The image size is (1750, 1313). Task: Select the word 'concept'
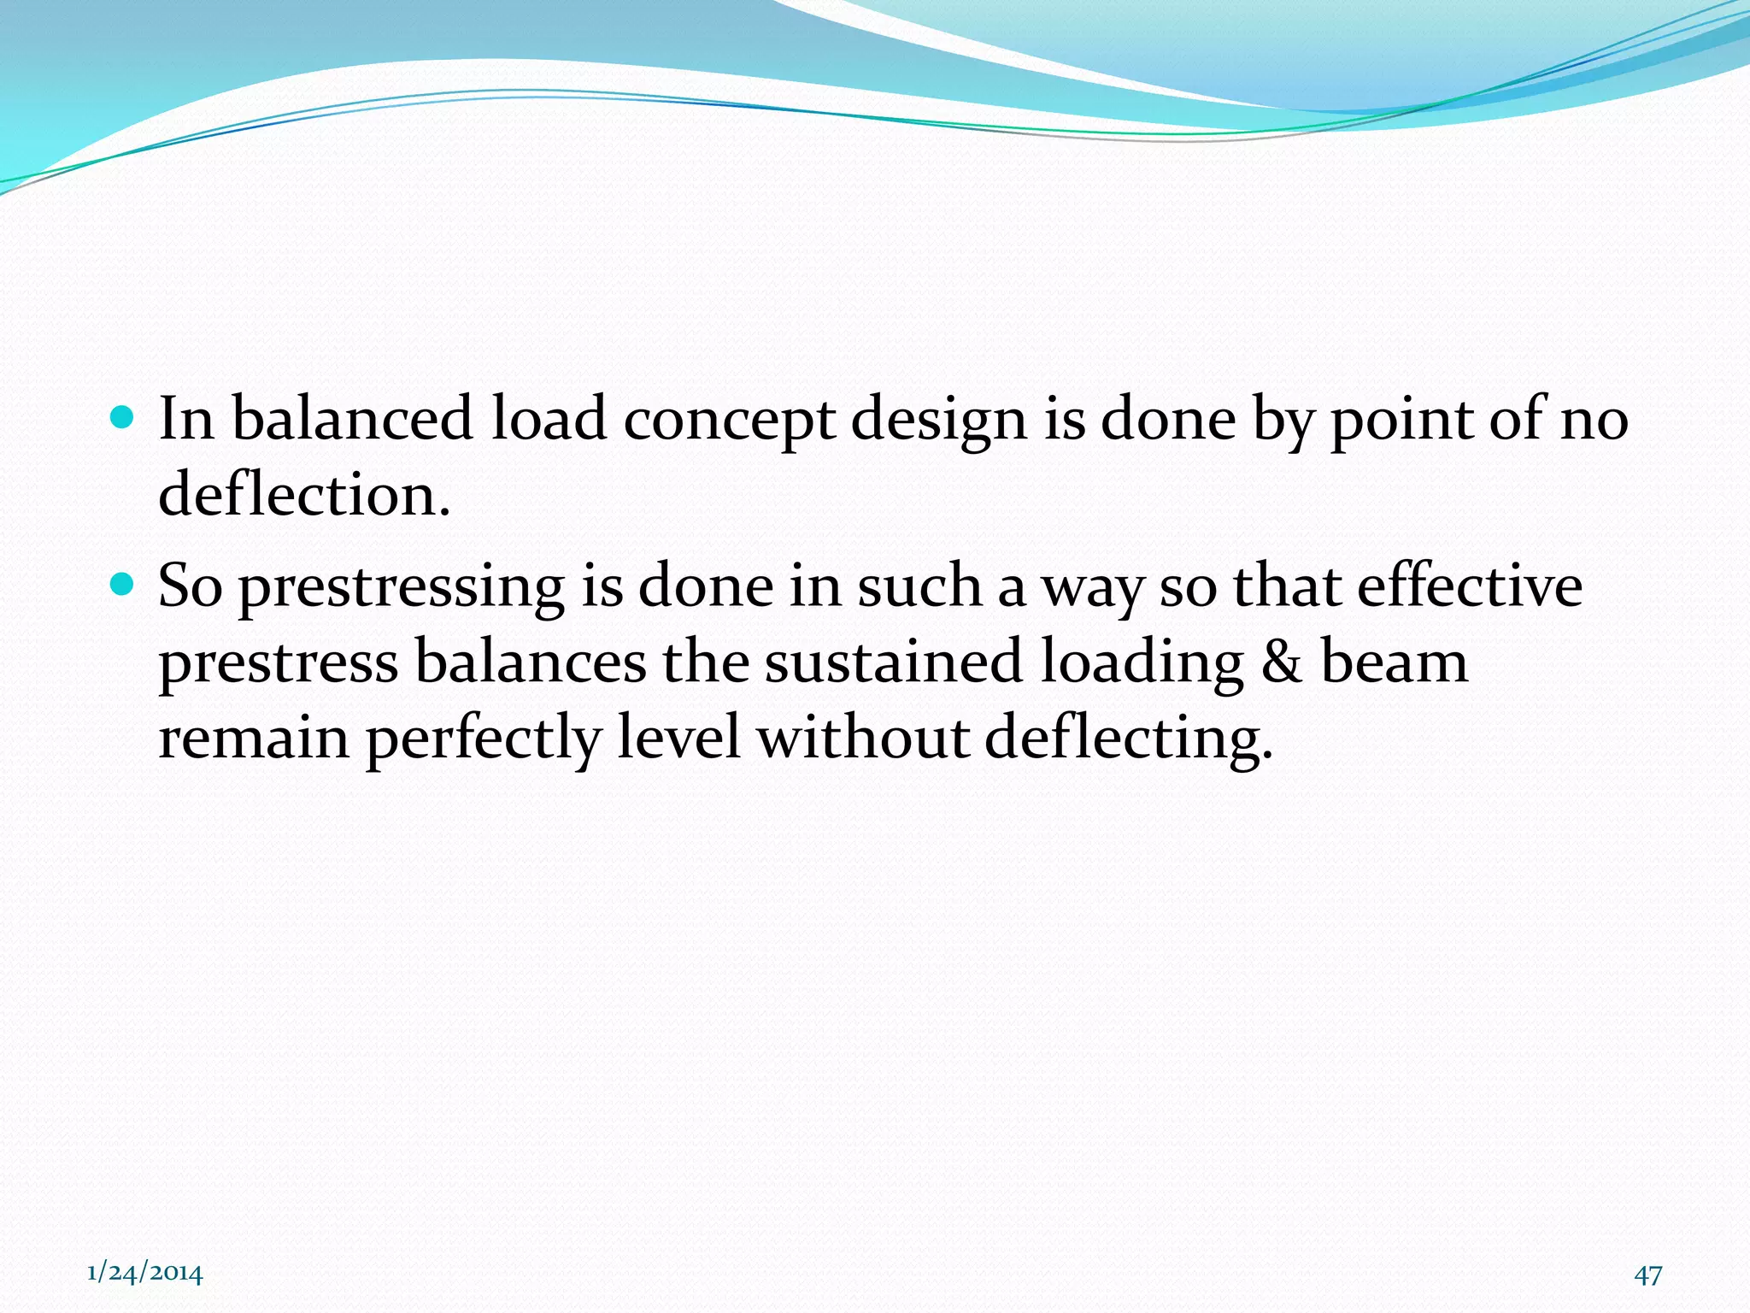(728, 421)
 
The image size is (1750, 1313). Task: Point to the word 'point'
(1401, 421)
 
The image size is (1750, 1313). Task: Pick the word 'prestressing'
(401, 588)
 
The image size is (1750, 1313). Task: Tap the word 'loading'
(1141, 663)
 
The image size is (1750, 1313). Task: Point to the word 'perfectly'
(483, 739)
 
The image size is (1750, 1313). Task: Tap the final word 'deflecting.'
(1128, 739)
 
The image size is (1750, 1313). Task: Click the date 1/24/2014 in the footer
(145, 1273)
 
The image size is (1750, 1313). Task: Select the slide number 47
(1648, 1275)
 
